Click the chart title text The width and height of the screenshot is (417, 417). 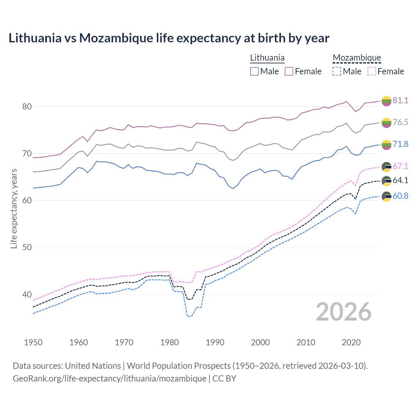[x=169, y=38]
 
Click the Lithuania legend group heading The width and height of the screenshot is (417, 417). [x=267, y=58]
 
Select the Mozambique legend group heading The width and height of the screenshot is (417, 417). [x=357, y=58]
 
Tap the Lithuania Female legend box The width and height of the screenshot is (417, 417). [x=289, y=71]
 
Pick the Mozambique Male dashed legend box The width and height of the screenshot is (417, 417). [x=337, y=71]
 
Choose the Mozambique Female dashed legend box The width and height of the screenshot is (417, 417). [x=372, y=71]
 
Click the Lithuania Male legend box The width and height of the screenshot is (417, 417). [x=254, y=71]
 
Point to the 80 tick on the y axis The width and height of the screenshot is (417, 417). [x=27, y=107]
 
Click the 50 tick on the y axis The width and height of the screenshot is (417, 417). [x=27, y=247]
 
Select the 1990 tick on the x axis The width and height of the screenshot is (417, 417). [x=215, y=342]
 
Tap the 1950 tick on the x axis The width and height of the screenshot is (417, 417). [x=33, y=342]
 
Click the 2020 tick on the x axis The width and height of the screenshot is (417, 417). [x=351, y=342]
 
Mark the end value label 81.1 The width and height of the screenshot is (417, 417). [x=400, y=100]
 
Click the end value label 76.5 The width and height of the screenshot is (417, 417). [x=400, y=122]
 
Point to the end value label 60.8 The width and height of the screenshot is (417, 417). [x=400, y=196]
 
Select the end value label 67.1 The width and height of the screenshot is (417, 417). [x=400, y=166]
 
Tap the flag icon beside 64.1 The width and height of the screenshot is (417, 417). [x=386, y=180]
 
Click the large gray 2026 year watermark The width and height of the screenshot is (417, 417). [x=344, y=312]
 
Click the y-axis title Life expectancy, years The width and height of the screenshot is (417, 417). [x=14, y=208]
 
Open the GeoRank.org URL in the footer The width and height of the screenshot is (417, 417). [x=109, y=379]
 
